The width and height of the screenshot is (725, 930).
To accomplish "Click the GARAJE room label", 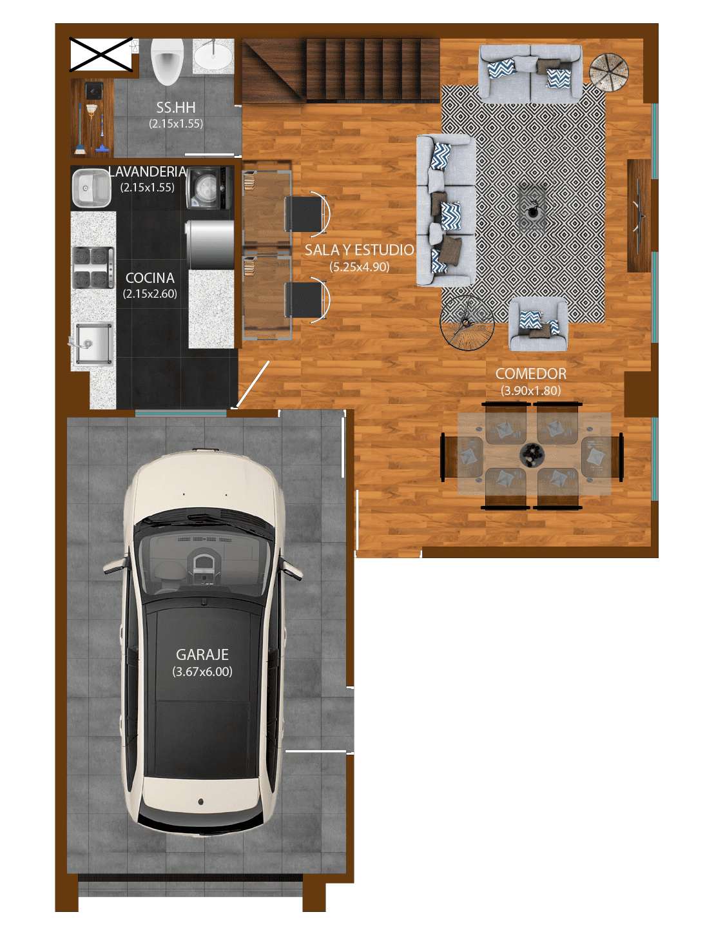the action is pos(202,655).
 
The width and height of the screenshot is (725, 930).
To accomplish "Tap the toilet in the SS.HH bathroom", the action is pos(168,61).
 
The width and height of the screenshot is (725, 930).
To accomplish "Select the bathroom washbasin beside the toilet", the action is pos(213,56).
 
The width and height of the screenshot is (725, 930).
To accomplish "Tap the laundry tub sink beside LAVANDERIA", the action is pos(92,188).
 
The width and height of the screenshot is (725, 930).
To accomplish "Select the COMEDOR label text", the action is pos(530,374).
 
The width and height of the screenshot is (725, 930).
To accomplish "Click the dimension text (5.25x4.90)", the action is pos(359,267).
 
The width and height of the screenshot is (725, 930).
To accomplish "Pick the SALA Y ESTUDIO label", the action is pos(359,250).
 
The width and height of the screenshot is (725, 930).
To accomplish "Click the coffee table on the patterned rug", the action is pos(532,207).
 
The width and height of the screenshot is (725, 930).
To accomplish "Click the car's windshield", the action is pos(204,561).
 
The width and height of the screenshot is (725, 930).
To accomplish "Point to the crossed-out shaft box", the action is pos(101,54).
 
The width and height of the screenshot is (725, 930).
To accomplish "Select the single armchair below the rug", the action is pos(538,324).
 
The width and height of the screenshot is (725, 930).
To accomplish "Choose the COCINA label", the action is pos(150,278).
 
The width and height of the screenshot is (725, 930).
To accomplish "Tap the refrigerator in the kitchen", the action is pos(209,245).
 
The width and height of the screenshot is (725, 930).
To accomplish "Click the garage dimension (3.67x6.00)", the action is pos(202,672).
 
